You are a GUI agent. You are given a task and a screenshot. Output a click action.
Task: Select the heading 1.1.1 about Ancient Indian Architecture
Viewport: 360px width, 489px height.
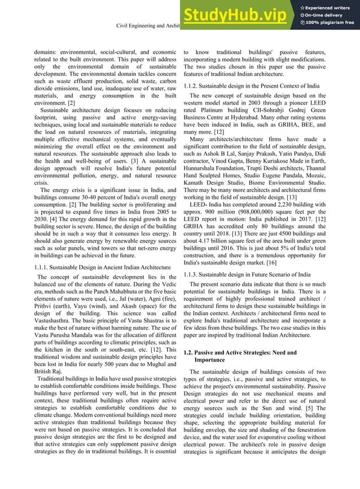(103, 266)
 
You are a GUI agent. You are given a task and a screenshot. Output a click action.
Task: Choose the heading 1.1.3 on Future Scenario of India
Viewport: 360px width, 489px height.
(248, 274)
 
